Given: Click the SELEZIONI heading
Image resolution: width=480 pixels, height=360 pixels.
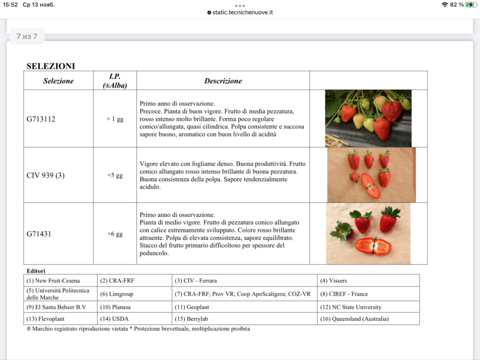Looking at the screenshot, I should (50, 66).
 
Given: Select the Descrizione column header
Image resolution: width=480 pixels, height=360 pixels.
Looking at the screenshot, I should (223, 81).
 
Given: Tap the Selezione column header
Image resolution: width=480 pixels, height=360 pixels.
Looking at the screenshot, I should (59, 81).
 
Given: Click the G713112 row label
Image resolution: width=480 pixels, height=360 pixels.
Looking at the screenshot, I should (41, 119).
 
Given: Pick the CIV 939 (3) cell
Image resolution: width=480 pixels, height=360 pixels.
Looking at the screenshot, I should (46, 176).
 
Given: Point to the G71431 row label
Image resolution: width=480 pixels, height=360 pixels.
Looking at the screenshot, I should (39, 234).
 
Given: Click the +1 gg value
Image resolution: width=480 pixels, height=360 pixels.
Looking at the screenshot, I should (115, 119).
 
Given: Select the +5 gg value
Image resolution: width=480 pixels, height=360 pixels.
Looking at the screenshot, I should (115, 176).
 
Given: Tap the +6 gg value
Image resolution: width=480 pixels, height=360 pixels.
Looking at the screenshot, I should (115, 234).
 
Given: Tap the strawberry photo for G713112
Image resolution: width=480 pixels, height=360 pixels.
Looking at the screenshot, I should (368, 118).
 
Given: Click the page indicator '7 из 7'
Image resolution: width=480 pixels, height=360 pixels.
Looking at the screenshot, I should (27, 36).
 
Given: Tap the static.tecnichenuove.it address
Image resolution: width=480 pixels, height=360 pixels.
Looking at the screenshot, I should (242, 12).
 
